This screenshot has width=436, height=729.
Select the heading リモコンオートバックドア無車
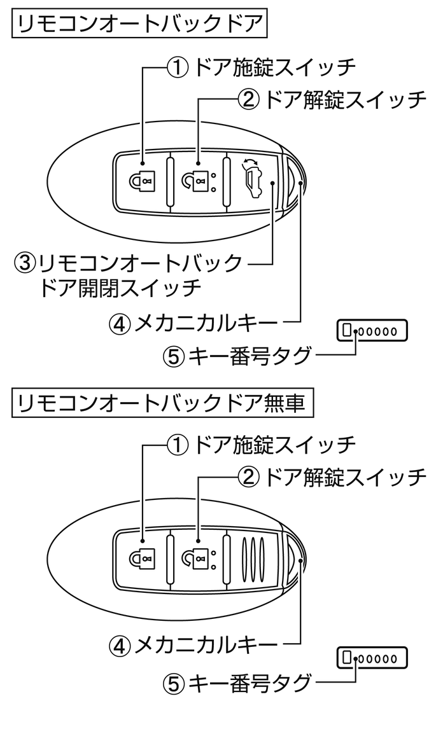pyautogui.click(x=162, y=404)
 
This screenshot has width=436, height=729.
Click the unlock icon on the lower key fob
pyautogui.click(x=197, y=560)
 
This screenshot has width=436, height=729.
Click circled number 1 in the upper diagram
pyautogui.click(x=176, y=67)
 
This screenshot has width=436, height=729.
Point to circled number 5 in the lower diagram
pyautogui.click(x=174, y=684)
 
